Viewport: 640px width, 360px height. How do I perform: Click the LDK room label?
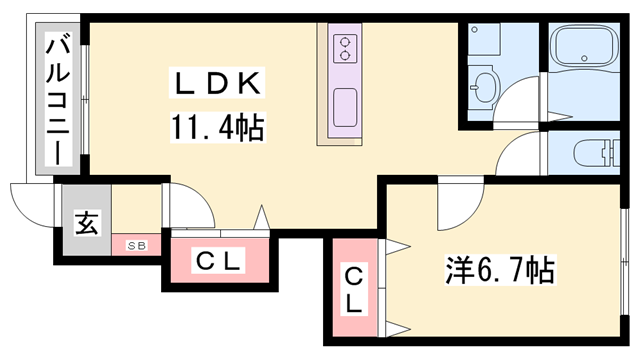[217, 83]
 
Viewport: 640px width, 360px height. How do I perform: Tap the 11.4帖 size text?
[218, 127]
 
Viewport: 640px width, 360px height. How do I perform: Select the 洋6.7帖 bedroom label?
[500, 270]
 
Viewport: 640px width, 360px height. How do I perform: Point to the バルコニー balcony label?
[58, 100]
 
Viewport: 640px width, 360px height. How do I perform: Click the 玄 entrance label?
[87, 223]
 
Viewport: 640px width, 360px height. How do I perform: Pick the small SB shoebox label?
[136, 246]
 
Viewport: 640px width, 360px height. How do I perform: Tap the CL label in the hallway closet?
[218, 261]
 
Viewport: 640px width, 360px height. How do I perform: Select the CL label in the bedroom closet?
[353, 290]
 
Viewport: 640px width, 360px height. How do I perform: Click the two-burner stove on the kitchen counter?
[345, 49]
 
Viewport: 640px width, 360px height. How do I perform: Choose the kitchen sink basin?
[345, 107]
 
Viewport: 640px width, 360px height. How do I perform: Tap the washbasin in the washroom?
[485, 87]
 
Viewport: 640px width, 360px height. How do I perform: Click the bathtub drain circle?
[584, 58]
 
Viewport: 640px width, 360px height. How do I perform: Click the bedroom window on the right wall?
[624, 262]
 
